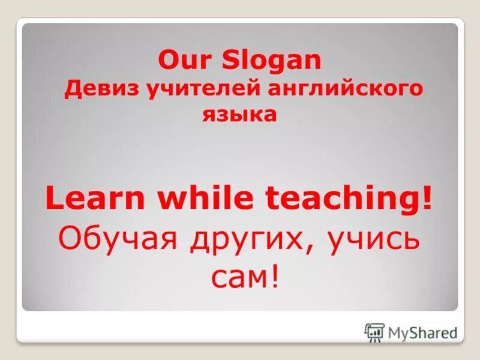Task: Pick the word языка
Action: pos(239,114)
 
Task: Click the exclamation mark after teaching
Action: pos(427,199)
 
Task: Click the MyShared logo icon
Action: pos(374,332)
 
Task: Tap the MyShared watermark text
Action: pos(422,332)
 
